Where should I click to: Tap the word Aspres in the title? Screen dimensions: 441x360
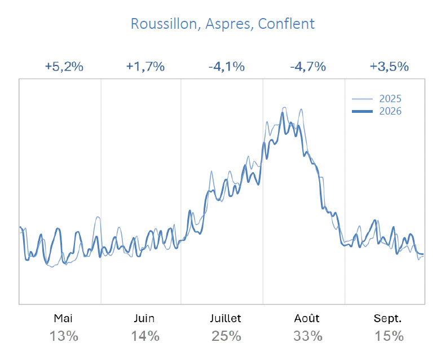pyautogui.click(x=228, y=24)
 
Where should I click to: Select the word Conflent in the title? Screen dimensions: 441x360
pyautogui.click(x=286, y=24)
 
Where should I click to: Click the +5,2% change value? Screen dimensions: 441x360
pyautogui.click(x=64, y=67)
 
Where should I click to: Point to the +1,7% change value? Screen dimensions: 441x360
pyautogui.click(x=145, y=67)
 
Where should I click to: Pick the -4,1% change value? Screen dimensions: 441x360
pyautogui.click(x=227, y=67)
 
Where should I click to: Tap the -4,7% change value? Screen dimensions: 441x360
pyautogui.click(x=308, y=67)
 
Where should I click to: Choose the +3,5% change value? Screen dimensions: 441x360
pyautogui.click(x=389, y=67)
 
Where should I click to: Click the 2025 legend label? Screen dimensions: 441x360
pyautogui.click(x=390, y=99)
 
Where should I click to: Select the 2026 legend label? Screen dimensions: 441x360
pyautogui.click(x=390, y=111)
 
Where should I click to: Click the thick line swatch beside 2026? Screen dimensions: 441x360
pyautogui.click(x=362, y=112)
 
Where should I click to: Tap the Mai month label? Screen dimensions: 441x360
pyautogui.click(x=63, y=318)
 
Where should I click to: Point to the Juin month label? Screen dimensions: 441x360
pyautogui.click(x=144, y=318)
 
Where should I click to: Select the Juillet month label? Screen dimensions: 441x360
pyautogui.click(x=226, y=318)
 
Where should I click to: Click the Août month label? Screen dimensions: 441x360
pyautogui.click(x=307, y=318)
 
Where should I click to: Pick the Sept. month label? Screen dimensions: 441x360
pyautogui.click(x=388, y=319)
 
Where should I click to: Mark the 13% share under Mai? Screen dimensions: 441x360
pyautogui.click(x=64, y=336)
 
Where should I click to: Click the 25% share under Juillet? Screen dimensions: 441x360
pyautogui.click(x=226, y=336)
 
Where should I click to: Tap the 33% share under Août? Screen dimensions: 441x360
pyautogui.click(x=308, y=336)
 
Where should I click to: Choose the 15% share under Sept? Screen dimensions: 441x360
pyautogui.click(x=389, y=336)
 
